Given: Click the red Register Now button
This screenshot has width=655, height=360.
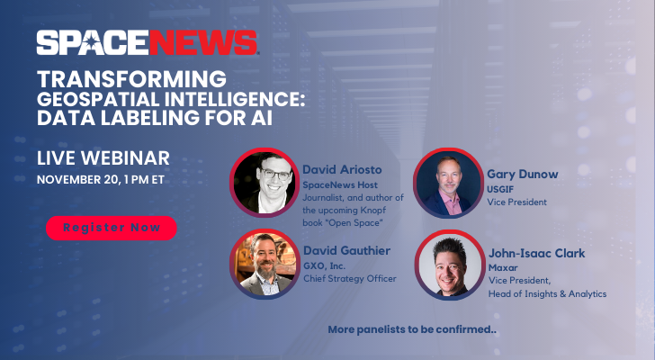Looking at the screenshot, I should coord(112,229).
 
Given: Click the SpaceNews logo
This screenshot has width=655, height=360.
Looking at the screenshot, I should coord(148,42).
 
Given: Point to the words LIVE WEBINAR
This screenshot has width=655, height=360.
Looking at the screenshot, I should coord(103,159).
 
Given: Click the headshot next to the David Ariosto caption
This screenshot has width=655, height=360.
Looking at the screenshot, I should coord(264,181).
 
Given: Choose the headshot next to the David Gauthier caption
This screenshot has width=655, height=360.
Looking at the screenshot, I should coord(264,263).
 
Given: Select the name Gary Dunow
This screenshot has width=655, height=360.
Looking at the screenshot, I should coord(522,173).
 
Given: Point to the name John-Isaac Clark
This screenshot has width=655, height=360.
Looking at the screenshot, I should coord(536,254).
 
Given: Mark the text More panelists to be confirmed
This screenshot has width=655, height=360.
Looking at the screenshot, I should coord(412,330).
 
